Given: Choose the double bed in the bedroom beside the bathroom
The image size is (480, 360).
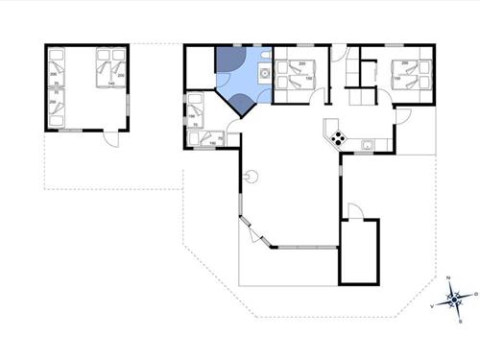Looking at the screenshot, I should pyautogui.click(x=295, y=76).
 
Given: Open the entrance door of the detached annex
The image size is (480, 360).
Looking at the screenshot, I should pyautogui.click(x=110, y=137).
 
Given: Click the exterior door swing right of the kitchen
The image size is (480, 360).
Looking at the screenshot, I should pyautogui.click(x=404, y=116).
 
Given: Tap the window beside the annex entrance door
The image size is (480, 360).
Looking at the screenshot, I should pyautogui.click(x=69, y=131).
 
